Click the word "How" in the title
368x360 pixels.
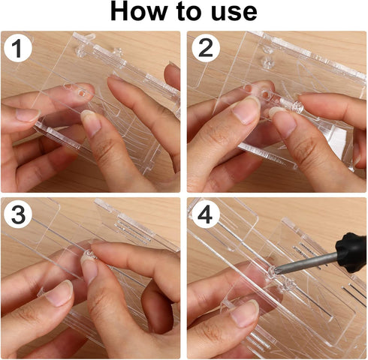pos(139,11)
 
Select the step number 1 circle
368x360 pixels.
pos(17,48)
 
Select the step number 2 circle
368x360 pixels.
pos(206,48)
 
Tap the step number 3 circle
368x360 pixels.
pos(18,214)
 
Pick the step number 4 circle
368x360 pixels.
pos(205,214)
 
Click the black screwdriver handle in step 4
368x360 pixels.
pos(351,252)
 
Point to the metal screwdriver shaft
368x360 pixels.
pos(306,263)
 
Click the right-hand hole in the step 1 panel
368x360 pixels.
pos(81,93)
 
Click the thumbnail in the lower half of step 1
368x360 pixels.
pos(91,122)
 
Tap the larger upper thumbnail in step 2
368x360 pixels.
pos(246,109)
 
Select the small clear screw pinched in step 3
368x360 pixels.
pos(89,253)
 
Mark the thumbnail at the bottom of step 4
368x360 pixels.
pos(244,313)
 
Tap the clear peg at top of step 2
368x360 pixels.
pos(267,61)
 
